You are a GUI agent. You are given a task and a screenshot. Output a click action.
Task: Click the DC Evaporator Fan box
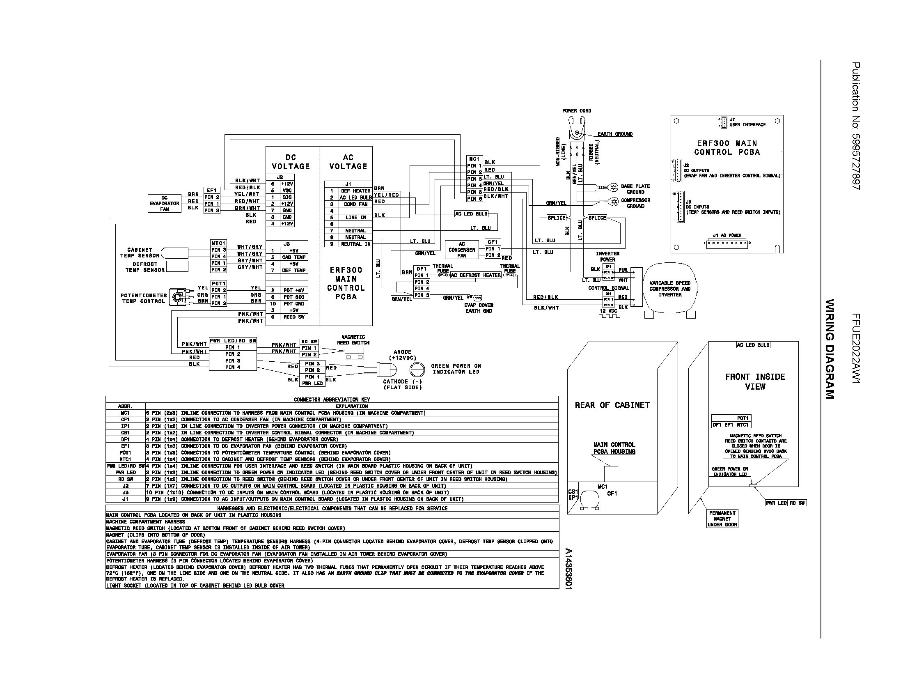point(165,203)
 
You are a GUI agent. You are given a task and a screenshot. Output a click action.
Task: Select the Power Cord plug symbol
point(577,126)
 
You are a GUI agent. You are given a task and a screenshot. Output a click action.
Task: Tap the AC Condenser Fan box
point(461,250)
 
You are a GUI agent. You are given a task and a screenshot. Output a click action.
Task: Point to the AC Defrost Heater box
point(475,276)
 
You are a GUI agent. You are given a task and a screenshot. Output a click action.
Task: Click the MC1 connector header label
point(474,159)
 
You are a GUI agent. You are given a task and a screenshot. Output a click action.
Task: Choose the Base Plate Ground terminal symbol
point(614,187)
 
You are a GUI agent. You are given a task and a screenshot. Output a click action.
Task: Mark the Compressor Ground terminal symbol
point(614,201)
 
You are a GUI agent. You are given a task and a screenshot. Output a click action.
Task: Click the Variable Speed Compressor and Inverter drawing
point(670,289)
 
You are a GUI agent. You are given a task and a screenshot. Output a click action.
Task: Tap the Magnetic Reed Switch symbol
point(355,354)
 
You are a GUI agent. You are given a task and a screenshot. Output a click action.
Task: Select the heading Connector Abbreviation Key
point(332,400)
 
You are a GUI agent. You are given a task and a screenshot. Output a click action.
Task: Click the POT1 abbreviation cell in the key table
point(125,453)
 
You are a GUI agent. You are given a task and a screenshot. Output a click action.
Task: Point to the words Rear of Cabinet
point(612,405)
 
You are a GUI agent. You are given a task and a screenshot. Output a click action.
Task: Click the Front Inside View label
point(755,382)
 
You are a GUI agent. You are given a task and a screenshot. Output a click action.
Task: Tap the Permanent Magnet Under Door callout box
point(722,519)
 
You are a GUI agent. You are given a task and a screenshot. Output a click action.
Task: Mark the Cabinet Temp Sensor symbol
point(174,253)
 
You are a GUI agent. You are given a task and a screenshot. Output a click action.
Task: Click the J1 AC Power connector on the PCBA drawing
point(727,243)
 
